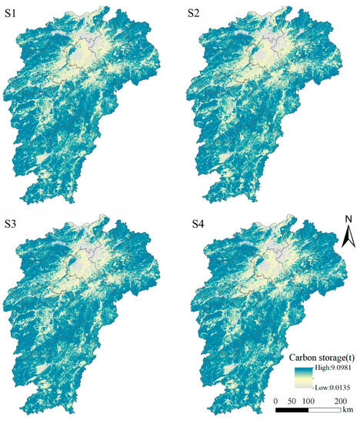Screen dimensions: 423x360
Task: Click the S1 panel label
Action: click(x=16, y=13)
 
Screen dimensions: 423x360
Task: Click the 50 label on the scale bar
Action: click(x=294, y=401)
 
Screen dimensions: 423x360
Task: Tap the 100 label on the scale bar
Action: click(x=309, y=401)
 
